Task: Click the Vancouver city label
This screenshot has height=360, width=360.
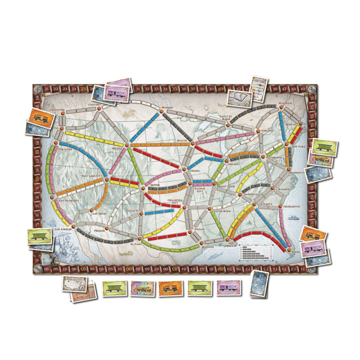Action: [59, 109]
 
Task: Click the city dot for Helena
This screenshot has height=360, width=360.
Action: [127, 146]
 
